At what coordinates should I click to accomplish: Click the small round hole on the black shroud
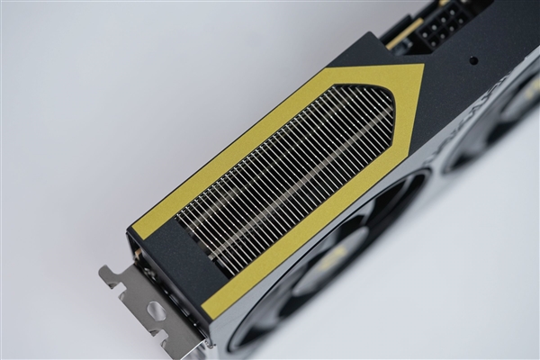472,61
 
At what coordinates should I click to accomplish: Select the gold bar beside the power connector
405,34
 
